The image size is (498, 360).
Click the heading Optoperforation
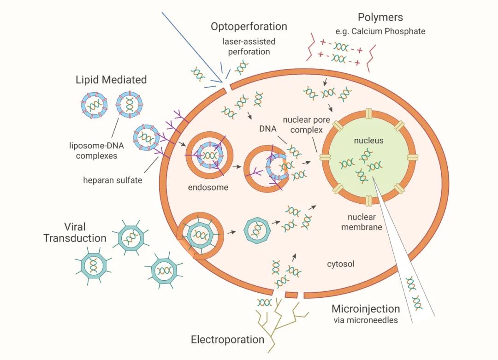click(249, 27)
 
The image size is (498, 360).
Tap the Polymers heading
click(380, 18)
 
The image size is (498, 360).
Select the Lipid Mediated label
click(111, 80)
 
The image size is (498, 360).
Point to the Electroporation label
click(227, 340)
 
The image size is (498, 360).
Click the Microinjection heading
click(366, 309)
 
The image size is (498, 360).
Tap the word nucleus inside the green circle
click(368, 141)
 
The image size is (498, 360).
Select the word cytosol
click(340, 265)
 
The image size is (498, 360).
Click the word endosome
click(208, 188)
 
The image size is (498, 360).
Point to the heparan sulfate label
click(113, 180)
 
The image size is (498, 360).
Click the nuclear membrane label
click(362, 222)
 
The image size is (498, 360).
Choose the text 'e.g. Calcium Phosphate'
click(380, 32)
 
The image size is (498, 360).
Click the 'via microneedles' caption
click(365, 320)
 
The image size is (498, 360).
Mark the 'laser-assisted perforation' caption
click(249, 47)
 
